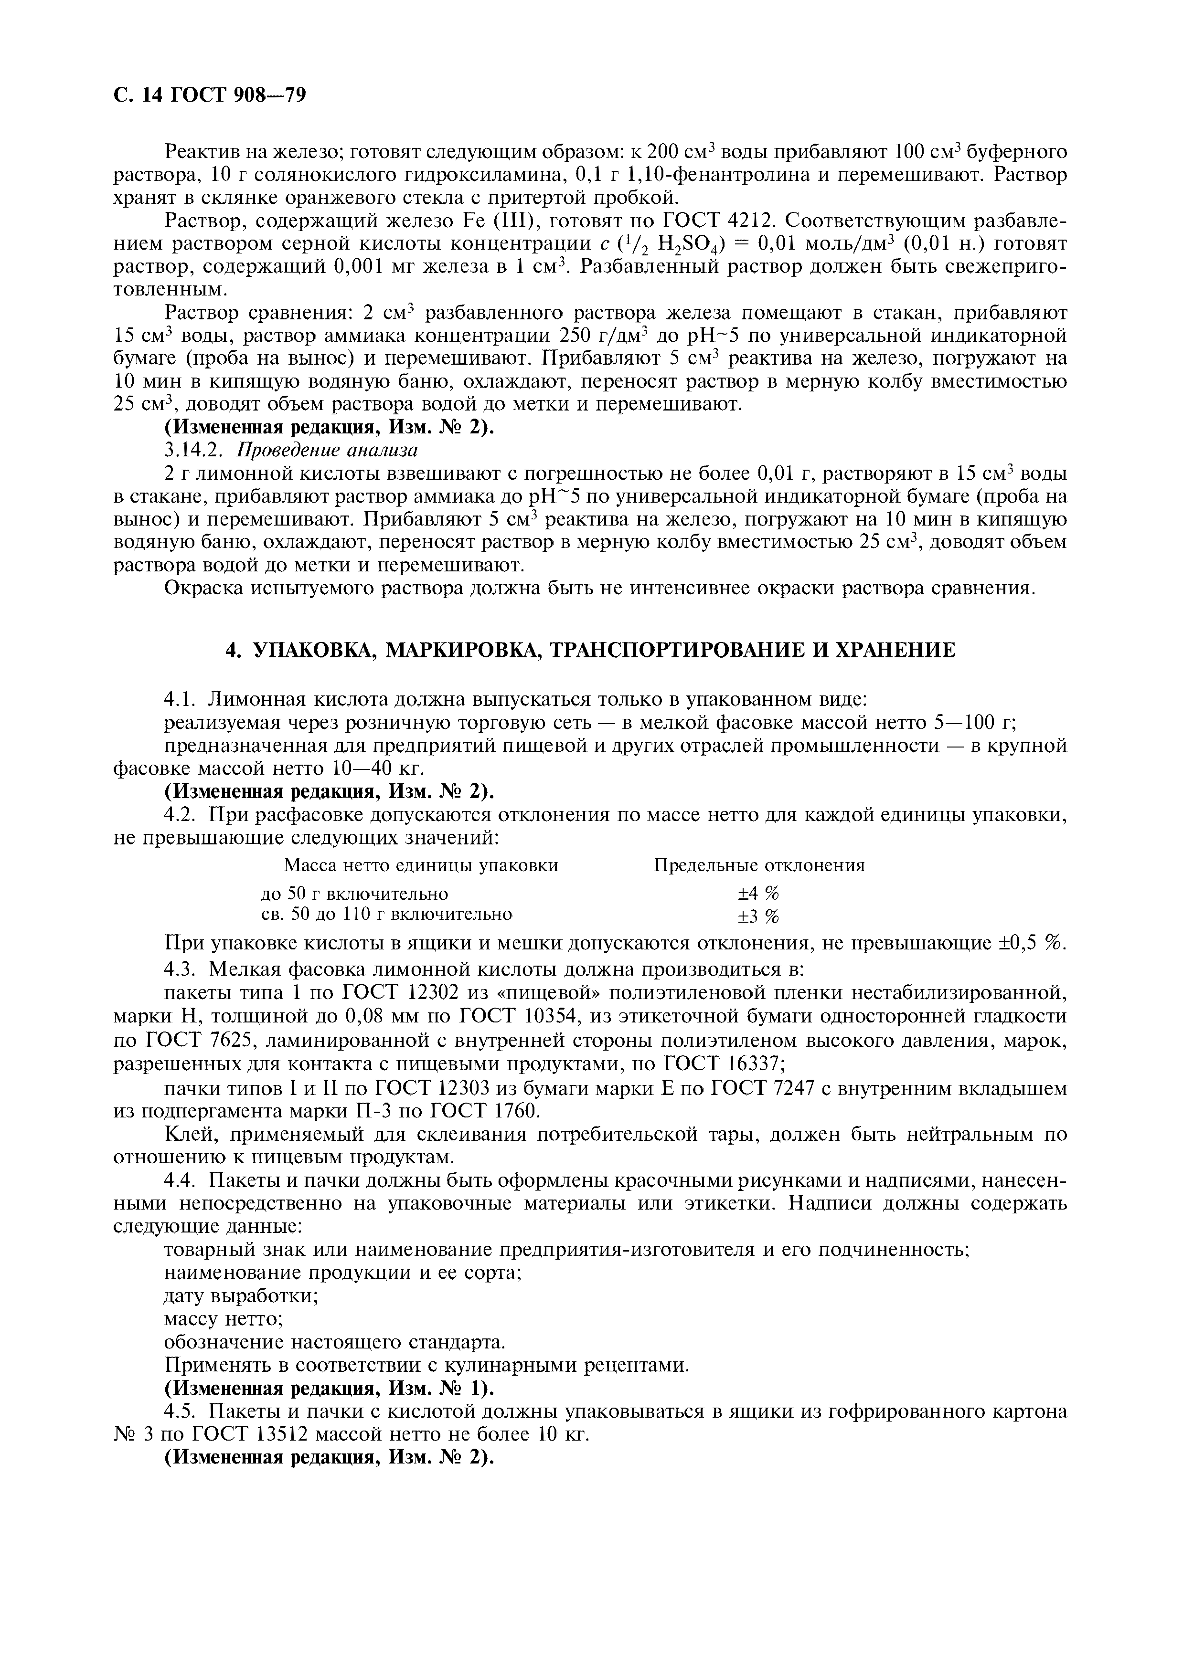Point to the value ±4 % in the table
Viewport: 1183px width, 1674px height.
(758, 893)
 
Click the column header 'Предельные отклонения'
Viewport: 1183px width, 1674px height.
(758, 865)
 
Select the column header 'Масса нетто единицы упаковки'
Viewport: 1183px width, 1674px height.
(420, 865)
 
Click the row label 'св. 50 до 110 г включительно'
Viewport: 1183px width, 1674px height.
(386, 914)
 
